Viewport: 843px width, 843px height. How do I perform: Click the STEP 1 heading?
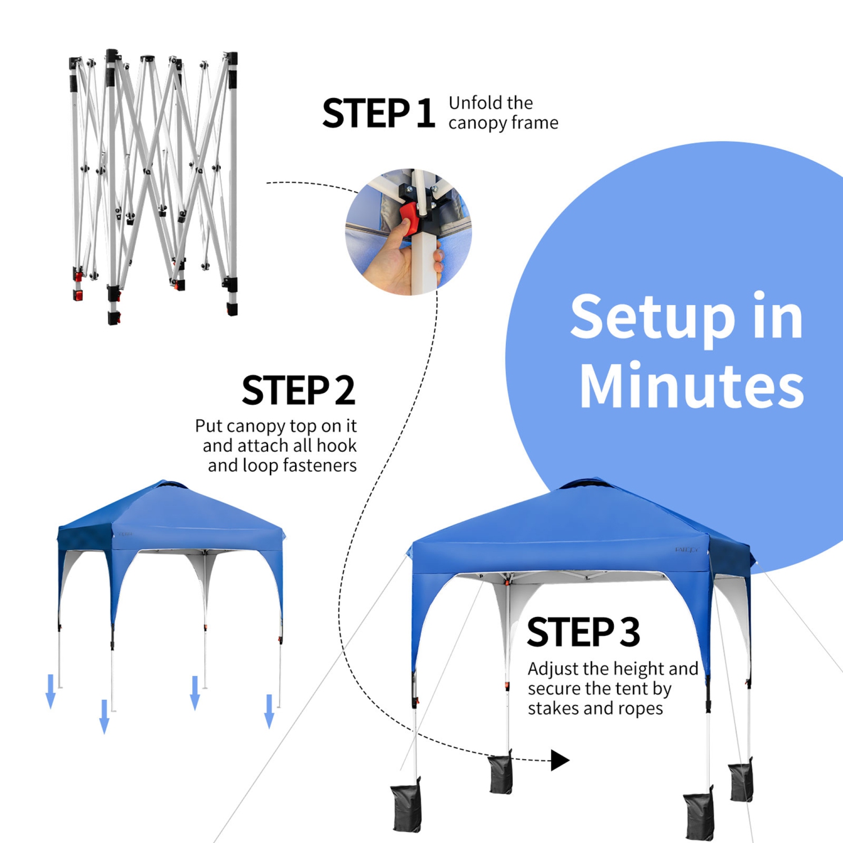click(x=378, y=114)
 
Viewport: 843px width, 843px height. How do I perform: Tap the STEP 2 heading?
click(x=298, y=391)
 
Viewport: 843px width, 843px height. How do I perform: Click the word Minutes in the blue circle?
click(x=691, y=386)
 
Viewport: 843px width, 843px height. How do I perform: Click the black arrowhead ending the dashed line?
click(x=559, y=760)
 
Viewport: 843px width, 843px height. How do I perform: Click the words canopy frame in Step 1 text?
click(x=503, y=123)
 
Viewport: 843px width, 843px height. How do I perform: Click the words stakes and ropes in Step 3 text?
click(x=595, y=709)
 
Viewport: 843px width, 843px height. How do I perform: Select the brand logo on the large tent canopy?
click(x=686, y=550)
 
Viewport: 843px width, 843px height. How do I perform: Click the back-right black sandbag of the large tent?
click(x=741, y=781)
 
